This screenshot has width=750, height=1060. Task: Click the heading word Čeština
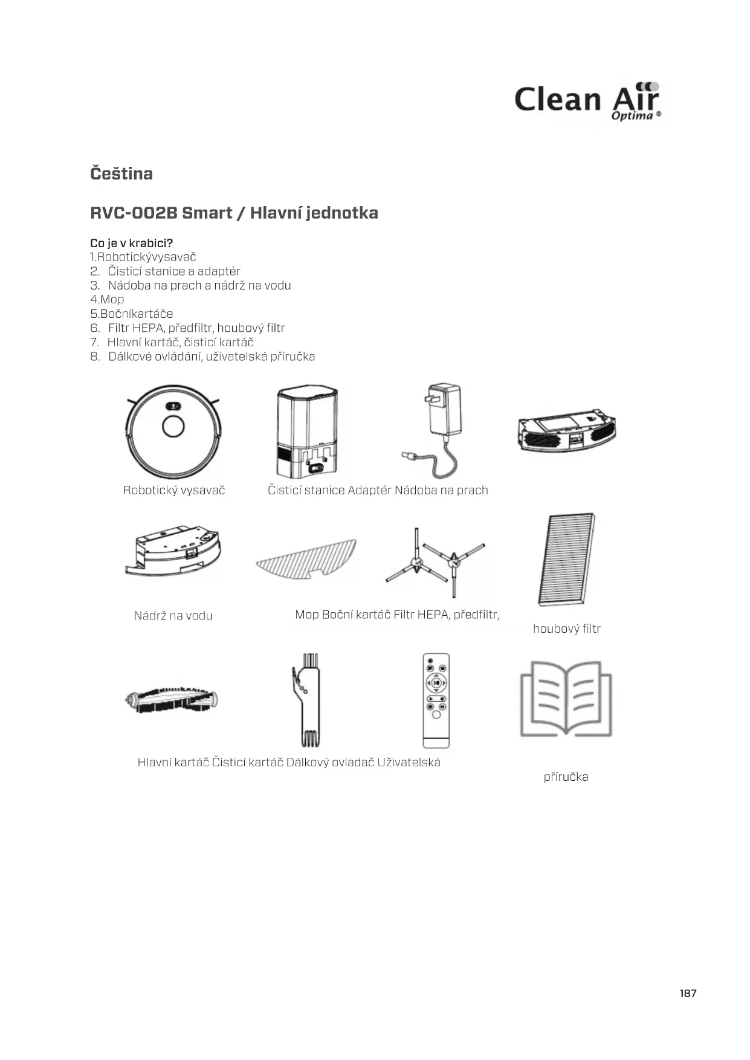[x=121, y=174]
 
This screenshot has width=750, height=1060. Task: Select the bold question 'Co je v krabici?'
[x=131, y=243]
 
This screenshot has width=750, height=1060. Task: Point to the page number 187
[x=688, y=993]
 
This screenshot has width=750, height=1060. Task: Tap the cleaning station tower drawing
[x=306, y=431]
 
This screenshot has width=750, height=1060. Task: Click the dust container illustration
[x=566, y=430]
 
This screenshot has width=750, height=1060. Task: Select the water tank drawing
[x=173, y=550]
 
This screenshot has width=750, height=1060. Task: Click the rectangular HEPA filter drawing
[x=566, y=559]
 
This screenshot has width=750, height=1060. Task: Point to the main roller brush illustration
[x=172, y=700]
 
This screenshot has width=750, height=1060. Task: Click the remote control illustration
[x=436, y=700]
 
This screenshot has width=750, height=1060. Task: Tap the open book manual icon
[x=566, y=699]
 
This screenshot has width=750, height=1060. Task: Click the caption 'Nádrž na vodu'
[x=173, y=616]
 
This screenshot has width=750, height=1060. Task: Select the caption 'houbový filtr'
[x=566, y=629]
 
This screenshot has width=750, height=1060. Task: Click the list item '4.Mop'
[x=107, y=300]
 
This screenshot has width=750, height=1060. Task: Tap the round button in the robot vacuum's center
[x=173, y=426]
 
